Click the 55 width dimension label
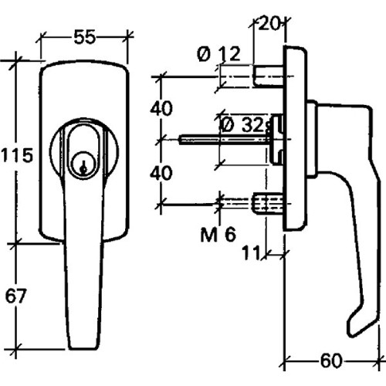tap(84, 37)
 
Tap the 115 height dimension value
tap(17, 155)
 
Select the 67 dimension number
tap(15, 296)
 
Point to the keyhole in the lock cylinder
tap(83, 167)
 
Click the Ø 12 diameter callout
tap(218, 54)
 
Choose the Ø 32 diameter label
tap(242, 125)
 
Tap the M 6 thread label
tap(218, 235)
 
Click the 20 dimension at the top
tap(269, 24)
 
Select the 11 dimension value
tap(252, 253)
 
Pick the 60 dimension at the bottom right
tap(331, 361)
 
